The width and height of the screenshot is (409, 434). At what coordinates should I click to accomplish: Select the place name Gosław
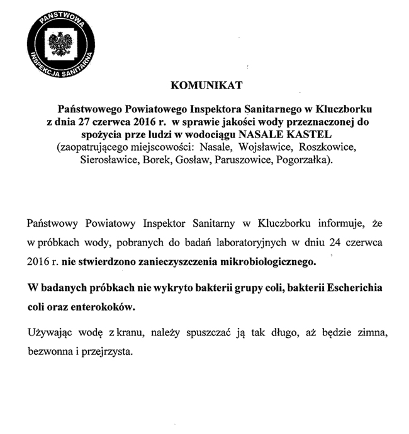(x=197, y=161)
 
